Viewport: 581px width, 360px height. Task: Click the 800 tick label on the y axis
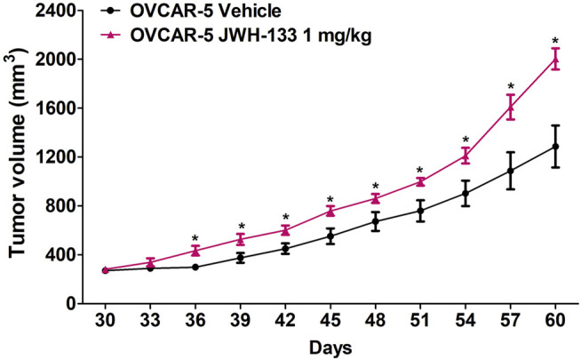[64, 206]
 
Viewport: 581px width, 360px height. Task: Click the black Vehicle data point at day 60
[555, 147]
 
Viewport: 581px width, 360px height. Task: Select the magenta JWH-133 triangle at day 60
[555, 59]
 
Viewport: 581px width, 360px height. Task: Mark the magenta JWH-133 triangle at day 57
[510, 108]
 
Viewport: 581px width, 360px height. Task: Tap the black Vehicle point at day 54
[465, 193]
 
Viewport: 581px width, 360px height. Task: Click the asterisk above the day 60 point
[555, 41]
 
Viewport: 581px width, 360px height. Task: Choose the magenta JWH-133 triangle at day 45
[330, 211]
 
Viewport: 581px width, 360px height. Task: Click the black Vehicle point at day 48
[375, 221]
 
